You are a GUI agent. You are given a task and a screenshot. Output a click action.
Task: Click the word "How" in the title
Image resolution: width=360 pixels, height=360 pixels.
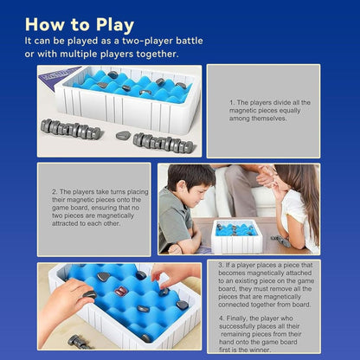48,23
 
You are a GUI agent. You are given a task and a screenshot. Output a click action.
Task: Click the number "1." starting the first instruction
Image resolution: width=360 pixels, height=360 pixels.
232,102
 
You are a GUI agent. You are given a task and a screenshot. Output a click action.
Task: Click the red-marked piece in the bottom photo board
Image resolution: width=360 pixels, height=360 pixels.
121,292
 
